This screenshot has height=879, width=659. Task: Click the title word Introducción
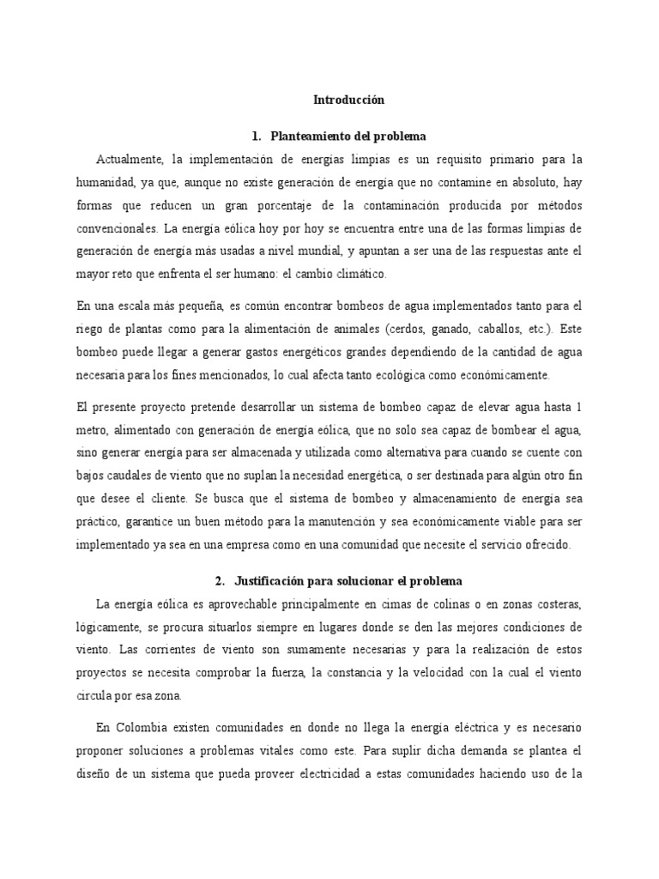pos(348,100)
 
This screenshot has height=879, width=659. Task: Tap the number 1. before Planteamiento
pos(256,136)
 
